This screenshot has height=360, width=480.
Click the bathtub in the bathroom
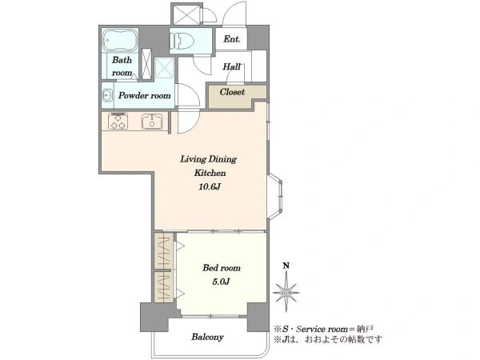tap(120, 41)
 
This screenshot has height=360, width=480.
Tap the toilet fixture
tap(182, 41)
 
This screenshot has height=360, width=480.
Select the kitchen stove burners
tap(118, 121)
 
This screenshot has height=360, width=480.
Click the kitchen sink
tap(152, 122)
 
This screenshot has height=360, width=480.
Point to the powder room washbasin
tap(107, 95)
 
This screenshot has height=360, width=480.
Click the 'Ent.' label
tap(232, 39)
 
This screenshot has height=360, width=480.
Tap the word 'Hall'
tap(231, 66)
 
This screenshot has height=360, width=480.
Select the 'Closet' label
tap(232, 92)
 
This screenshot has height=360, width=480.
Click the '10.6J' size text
tap(210, 186)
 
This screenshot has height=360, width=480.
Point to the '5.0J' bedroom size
tap(221, 282)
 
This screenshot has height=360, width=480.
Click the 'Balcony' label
tap(207, 338)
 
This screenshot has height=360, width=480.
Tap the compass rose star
tap(286, 292)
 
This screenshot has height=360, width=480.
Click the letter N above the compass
tap(286, 266)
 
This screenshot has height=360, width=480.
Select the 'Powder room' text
tap(145, 95)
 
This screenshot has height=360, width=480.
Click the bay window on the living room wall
tap(275, 196)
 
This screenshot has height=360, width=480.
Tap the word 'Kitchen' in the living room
tap(210, 173)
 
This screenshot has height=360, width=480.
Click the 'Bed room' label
tap(222, 268)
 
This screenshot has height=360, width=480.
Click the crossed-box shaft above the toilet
tap(186, 14)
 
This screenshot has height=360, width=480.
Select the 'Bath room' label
tap(122, 66)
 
